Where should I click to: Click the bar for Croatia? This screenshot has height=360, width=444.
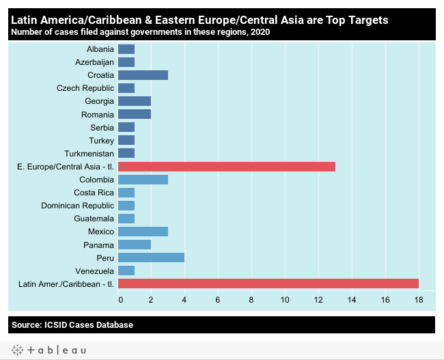pyautogui.click(x=143, y=75)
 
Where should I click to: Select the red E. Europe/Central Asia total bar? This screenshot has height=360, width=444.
pyautogui.click(x=226, y=166)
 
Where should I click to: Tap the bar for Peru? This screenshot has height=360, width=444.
pyautogui.click(x=151, y=258)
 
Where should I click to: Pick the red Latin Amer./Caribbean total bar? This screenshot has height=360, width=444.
pyautogui.click(x=268, y=283)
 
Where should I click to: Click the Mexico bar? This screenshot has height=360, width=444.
pyautogui.click(x=143, y=232)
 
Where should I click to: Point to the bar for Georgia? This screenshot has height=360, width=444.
pyautogui.click(x=135, y=101)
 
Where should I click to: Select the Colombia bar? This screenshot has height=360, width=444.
pyautogui.click(x=143, y=180)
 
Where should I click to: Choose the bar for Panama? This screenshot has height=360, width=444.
pyautogui.click(x=135, y=245)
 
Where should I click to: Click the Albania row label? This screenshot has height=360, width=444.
pyautogui.click(x=100, y=49)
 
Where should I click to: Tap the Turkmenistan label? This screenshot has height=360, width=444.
pyautogui.click(x=89, y=154)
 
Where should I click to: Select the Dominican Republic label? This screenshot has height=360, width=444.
pyautogui.click(x=77, y=206)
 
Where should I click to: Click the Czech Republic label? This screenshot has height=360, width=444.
pyautogui.click(x=85, y=88)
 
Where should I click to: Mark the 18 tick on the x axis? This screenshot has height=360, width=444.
pyautogui.click(x=418, y=299)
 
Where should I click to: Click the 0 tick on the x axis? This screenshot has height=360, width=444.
pyautogui.click(x=120, y=299)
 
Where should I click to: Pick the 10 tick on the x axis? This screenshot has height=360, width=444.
pyautogui.click(x=285, y=299)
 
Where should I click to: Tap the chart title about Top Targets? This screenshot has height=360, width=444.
pyautogui.click(x=199, y=20)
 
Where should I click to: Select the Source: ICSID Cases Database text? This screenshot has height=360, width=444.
pyautogui.click(x=72, y=324)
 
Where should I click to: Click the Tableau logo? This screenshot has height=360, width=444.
pyautogui.click(x=48, y=350)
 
